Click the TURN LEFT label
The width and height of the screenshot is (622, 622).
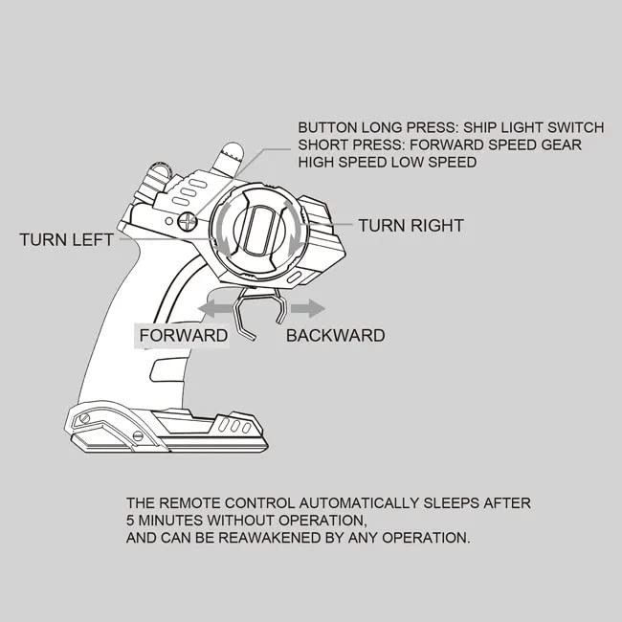point(67,239)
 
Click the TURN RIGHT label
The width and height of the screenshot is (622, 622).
point(411,226)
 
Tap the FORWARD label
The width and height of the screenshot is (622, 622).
point(184,336)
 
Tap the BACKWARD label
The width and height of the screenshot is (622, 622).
point(335,336)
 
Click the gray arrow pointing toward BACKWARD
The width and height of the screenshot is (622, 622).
point(307,308)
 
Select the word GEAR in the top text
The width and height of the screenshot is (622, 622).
point(560,144)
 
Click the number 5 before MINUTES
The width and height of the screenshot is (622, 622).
point(130,520)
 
